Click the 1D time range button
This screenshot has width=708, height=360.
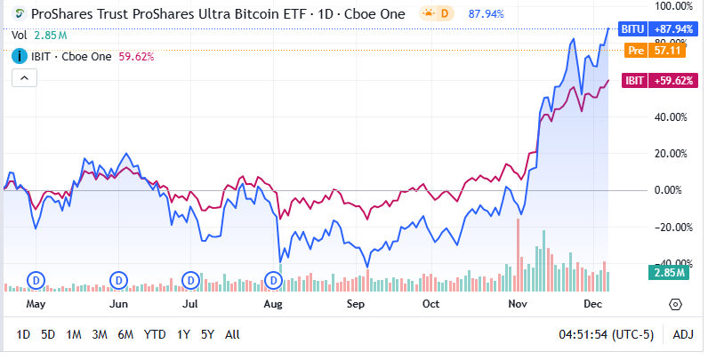point(23,335)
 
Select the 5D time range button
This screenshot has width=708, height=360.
point(48,335)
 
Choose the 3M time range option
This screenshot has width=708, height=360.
point(100,335)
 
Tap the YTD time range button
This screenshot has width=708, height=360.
point(155,335)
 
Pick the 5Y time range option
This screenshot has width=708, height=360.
point(207,335)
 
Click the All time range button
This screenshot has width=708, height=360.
point(232,335)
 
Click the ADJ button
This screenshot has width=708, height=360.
point(683,335)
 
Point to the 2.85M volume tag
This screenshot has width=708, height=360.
point(665,272)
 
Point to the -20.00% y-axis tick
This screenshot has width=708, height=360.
point(672,227)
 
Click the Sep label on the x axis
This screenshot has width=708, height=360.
point(356,303)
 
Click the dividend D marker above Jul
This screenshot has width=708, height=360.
point(190,280)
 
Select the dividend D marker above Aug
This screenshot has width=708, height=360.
point(274,280)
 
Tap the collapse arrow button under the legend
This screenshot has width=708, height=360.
point(23,78)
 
